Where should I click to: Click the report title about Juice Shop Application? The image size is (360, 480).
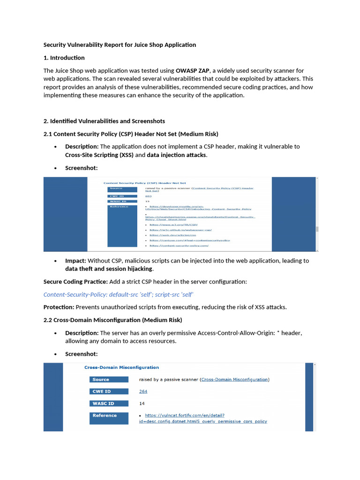120,45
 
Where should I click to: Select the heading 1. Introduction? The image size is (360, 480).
64,58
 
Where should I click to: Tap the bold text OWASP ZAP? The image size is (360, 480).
192,70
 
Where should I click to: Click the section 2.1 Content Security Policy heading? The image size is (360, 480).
131,134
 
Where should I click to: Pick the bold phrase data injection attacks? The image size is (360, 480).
176,155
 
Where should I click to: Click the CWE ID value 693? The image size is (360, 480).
148,196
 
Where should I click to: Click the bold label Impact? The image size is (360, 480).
75,261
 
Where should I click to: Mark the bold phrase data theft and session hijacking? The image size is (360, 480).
109,269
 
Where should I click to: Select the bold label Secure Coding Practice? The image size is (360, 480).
75,282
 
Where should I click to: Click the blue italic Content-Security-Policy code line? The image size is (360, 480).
119,294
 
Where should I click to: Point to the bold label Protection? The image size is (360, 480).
59,307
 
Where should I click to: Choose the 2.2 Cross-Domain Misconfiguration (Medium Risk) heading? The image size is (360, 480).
112,320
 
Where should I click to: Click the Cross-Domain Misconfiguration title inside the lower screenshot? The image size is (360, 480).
121,367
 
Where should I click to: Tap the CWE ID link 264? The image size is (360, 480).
143,391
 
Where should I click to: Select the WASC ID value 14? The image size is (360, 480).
142,403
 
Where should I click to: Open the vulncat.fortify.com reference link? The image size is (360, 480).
185,415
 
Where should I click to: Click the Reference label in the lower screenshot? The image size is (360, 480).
105,415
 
